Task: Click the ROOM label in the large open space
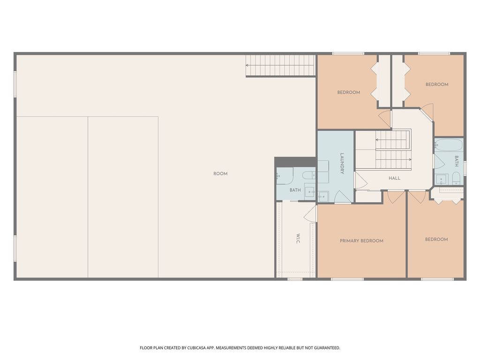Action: pos(220,173)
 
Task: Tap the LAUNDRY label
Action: pos(342,164)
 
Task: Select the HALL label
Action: pos(394,178)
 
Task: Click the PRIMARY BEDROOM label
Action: pos(361,241)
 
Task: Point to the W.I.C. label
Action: pos(298,238)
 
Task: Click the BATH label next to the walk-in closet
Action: pos(295,190)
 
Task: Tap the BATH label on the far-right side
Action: pos(456,161)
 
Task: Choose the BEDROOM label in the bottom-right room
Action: pos(436,240)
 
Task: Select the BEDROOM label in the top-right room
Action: pos(437,84)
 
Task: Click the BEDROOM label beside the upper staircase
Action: pos(349,92)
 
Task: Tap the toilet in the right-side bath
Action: pos(456,178)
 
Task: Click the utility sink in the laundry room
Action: pos(322,196)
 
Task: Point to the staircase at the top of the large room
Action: pos(280,65)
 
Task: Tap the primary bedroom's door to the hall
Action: pos(395,196)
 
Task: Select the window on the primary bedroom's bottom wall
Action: pos(347,279)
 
